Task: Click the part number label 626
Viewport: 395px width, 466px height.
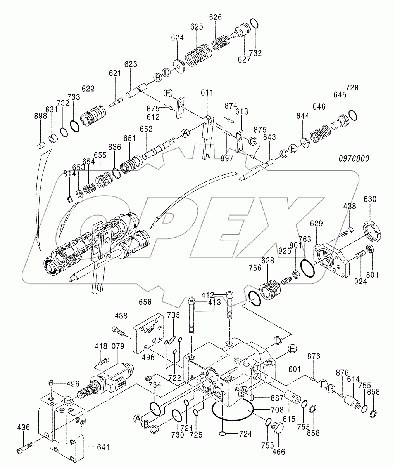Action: (x=216, y=17)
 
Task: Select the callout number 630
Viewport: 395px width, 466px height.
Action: (x=369, y=200)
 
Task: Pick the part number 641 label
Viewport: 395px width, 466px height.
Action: (x=103, y=448)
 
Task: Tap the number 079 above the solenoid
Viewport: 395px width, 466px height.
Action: (x=118, y=346)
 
